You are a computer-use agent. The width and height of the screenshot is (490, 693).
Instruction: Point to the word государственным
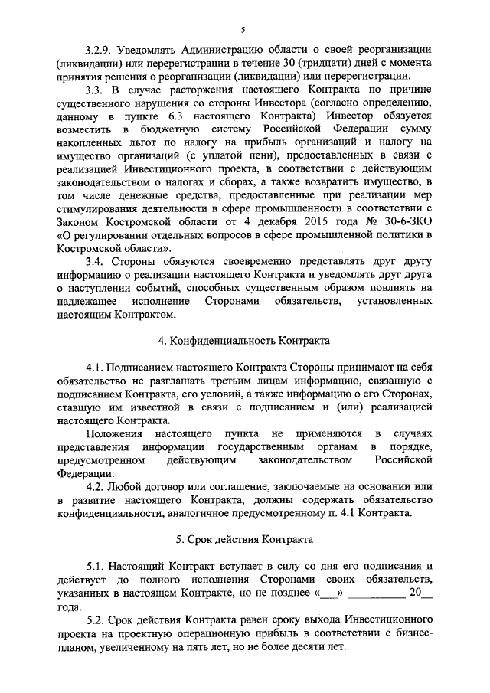pyautogui.click(x=240, y=446)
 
